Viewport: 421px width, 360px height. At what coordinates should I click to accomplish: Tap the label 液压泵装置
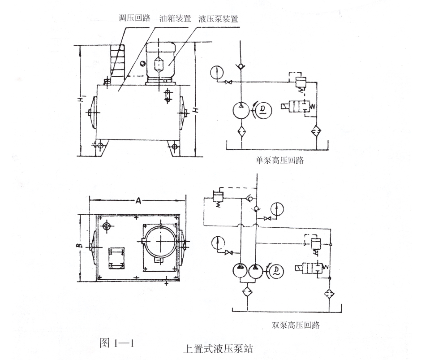218,19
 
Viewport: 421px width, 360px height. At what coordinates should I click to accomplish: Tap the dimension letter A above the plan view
139,202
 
